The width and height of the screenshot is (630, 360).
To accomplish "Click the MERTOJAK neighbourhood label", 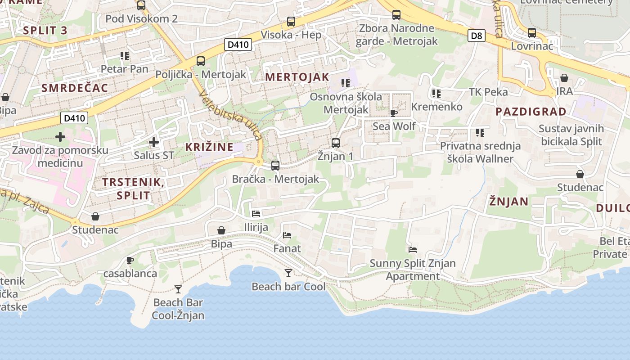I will [297, 77].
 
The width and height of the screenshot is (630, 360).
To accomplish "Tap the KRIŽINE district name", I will [209, 147].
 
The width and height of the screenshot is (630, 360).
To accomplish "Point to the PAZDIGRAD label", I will [531, 112].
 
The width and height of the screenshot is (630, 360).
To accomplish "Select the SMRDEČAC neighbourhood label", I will [75, 88].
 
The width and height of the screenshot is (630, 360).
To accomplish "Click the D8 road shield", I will [476, 36].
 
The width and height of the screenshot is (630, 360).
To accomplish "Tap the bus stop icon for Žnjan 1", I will [335, 143].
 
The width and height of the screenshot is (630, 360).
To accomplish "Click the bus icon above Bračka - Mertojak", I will [275, 166].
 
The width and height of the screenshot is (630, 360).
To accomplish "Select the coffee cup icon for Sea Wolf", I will [394, 113].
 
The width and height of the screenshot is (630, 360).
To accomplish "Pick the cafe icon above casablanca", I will [130, 260].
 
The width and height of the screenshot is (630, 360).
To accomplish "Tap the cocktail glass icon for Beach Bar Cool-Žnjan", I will [178, 289].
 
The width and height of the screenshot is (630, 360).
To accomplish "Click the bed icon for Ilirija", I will [256, 214].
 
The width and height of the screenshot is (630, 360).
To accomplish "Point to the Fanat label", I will [287, 248].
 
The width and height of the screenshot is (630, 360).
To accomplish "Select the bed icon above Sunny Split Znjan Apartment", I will [413, 249].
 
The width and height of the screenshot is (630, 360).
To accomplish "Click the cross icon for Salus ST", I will [154, 143].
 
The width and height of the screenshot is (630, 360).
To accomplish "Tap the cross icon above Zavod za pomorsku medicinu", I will [60, 136].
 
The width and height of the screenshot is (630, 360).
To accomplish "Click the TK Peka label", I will [488, 92].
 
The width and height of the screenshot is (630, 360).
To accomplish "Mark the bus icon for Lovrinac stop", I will [532, 33].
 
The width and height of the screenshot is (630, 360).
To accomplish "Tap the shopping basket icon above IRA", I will [564, 78].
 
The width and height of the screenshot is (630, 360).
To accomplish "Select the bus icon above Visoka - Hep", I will [291, 21].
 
